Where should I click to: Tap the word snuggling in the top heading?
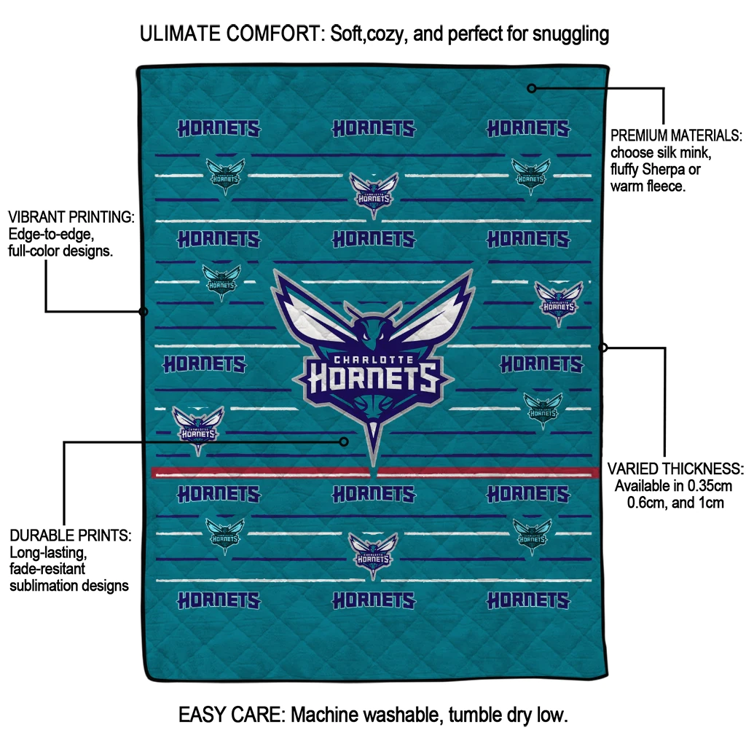pyautogui.click(x=570, y=35)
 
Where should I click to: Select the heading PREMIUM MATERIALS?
pyautogui.click(x=676, y=136)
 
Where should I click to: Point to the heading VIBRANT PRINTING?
pyautogui.click(x=71, y=217)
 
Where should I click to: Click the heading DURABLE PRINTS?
pyautogui.click(x=71, y=535)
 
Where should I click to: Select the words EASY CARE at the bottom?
pyautogui.click(x=231, y=715)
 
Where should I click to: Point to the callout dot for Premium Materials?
pyautogui.click(x=532, y=88)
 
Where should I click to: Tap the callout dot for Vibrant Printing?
pyautogui.click(x=144, y=312)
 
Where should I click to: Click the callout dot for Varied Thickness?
pyautogui.click(x=602, y=348)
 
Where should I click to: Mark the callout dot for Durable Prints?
pyautogui.click(x=344, y=442)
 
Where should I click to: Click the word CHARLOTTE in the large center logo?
pyautogui.click(x=374, y=360)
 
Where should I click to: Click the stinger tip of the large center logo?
pyautogui.click(x=374, y=466)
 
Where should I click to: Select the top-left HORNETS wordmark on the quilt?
pyautogui.click(x=219, y=128)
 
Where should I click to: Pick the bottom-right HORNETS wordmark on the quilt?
pyautogui.click(x=528, y=600)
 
